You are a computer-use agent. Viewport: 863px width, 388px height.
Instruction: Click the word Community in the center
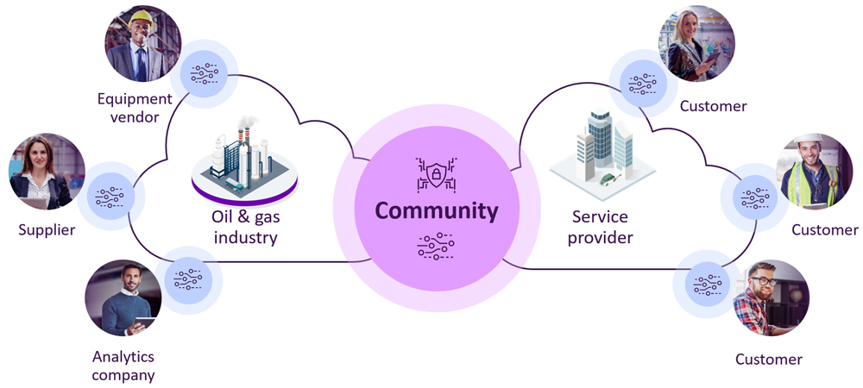436,210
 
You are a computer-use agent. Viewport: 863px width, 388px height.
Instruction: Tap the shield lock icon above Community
436,175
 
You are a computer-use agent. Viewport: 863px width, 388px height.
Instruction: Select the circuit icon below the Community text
436,246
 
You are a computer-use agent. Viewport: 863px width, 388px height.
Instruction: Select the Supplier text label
47,230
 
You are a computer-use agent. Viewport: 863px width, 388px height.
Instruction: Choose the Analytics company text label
123,366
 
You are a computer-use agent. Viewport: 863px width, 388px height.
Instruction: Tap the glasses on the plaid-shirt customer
764,280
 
